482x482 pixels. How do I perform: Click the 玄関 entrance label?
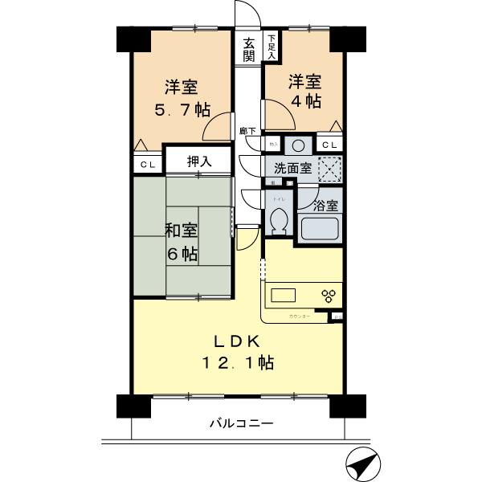pyautogui.click(x=249, y=49)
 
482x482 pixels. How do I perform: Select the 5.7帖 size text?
pyautogui.click(x=182, y=108)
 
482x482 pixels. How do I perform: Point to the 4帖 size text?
pyautogui.click(x=305, y=102)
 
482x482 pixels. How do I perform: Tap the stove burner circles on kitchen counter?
pyautogui.click(x=328, y=295)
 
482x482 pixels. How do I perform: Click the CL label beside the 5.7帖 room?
pyautogui.click(x=148, y=164)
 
